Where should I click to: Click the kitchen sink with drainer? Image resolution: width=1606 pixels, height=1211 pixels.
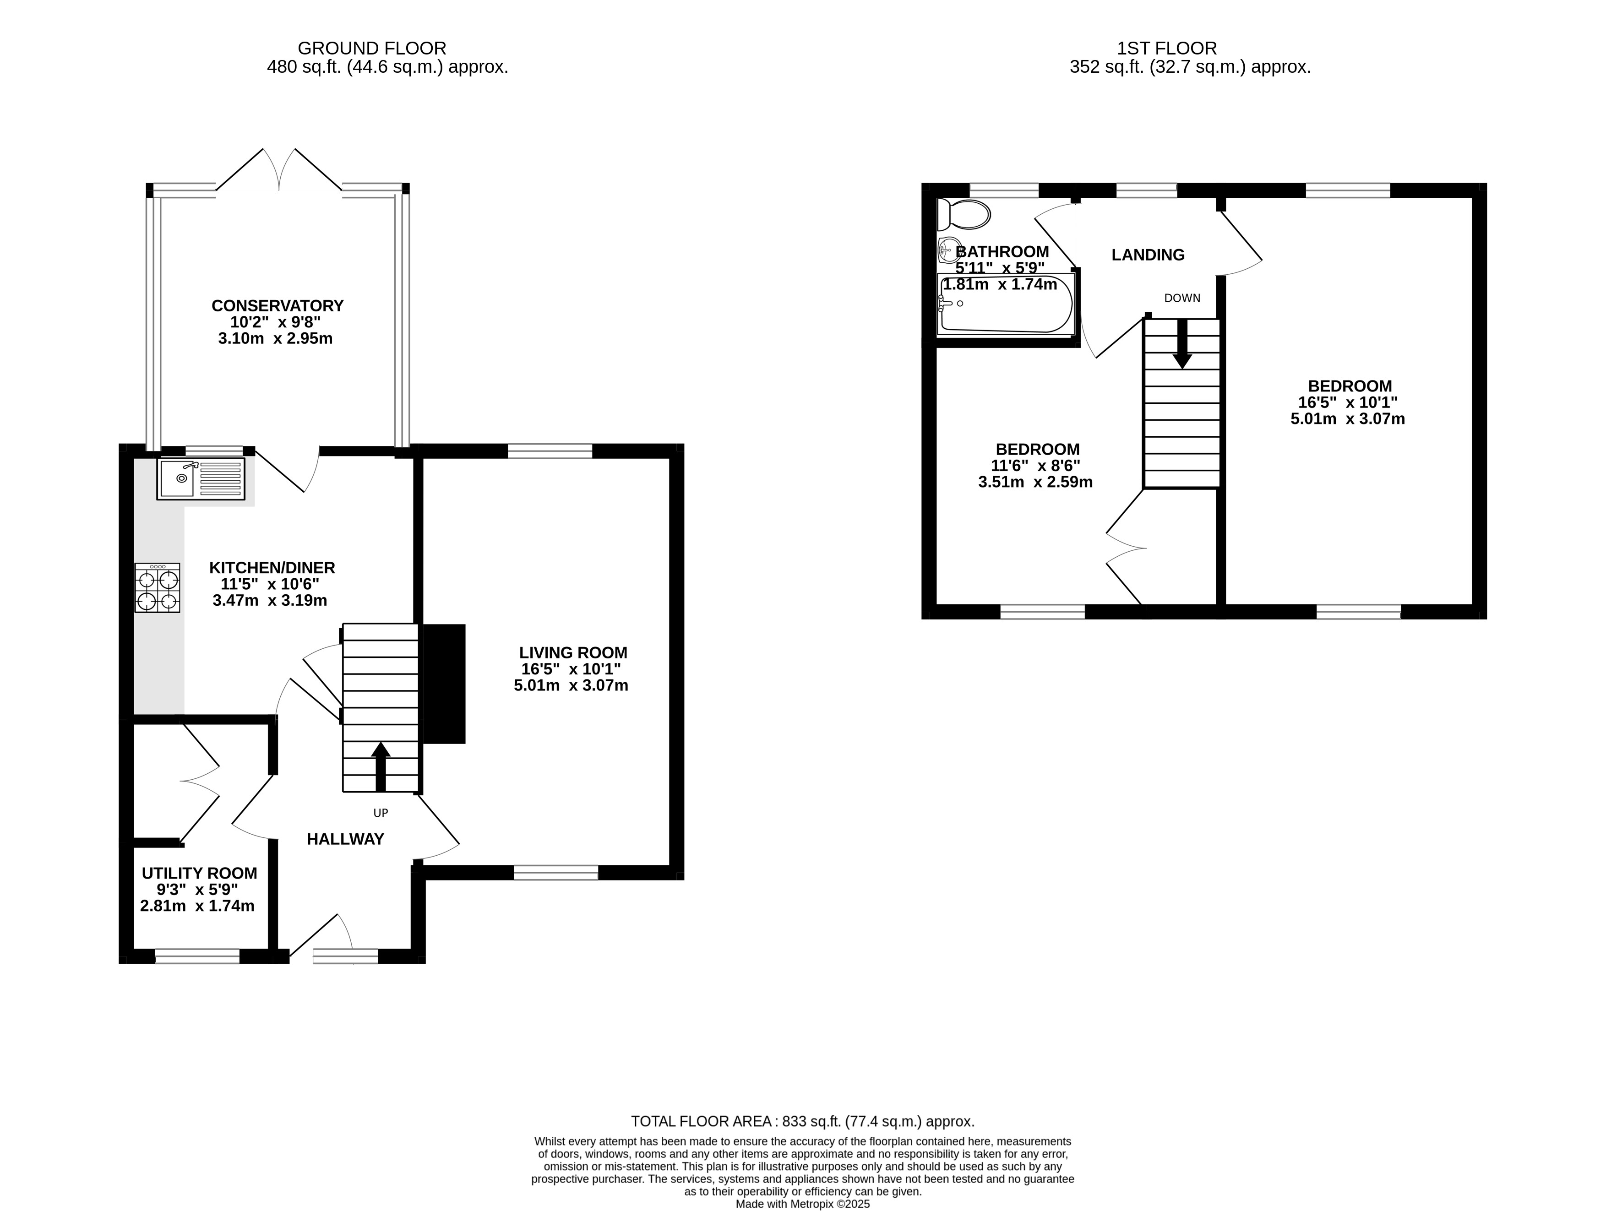pos(201,478)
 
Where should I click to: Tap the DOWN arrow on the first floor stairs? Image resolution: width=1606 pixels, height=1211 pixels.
pos(1182,342)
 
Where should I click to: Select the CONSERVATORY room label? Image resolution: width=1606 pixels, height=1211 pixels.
pos(278,306)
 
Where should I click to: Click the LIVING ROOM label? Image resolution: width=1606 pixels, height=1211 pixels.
pos(573,653)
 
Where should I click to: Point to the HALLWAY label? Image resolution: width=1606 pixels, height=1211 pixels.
pos(346,839)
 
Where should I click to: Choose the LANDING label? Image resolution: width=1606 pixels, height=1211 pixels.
pos(1148,255)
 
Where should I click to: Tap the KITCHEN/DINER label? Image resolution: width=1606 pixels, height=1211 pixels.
pos(272,568)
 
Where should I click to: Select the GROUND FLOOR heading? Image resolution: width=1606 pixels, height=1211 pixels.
pos(372,49)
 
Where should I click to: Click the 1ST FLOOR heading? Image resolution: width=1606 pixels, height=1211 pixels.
pos(1167,49)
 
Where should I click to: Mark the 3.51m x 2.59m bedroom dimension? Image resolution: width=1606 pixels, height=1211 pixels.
pos(1035,482)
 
